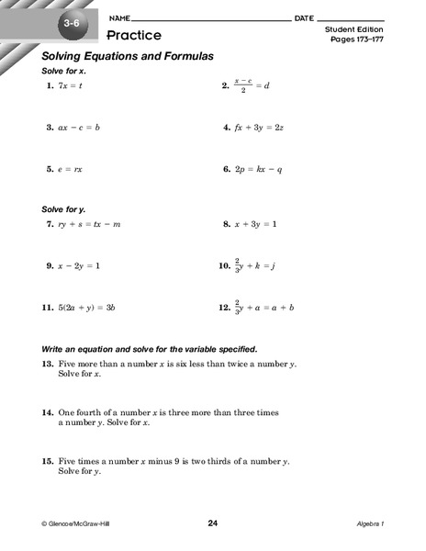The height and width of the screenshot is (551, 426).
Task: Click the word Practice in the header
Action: [134, 35]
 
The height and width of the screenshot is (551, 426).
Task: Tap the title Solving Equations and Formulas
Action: [127, 57]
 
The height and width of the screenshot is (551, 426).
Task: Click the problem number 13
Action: [48, 364]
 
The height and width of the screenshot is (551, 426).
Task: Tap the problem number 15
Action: [48, 460]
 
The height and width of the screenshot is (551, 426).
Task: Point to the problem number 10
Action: [224, 265]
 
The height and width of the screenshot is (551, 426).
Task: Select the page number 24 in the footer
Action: [213, 523]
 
